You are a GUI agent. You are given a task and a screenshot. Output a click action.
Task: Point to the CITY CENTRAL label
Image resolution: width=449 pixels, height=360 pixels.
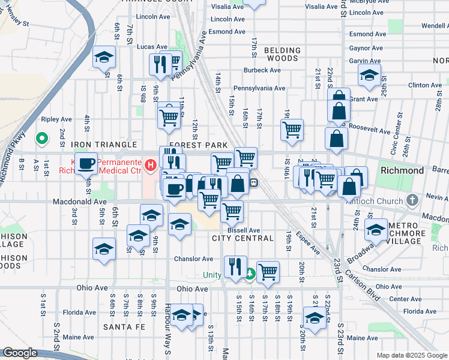[243, 238]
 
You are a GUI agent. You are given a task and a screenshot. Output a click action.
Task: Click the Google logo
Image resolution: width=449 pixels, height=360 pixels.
[20, 353]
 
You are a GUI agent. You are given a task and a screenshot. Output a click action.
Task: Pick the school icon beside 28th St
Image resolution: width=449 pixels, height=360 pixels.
[369, 76]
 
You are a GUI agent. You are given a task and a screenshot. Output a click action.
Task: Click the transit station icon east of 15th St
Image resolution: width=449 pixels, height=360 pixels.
[254, 182]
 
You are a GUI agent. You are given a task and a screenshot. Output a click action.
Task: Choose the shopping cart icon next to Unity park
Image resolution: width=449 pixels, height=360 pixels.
[268, 272]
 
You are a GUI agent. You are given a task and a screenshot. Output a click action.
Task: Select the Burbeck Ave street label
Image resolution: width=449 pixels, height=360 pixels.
[262, 70]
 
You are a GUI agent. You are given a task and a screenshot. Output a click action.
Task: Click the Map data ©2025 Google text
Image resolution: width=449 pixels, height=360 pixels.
[411, 355]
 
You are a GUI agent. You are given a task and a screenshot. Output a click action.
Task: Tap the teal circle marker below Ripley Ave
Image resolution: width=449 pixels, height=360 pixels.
[41, 139]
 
